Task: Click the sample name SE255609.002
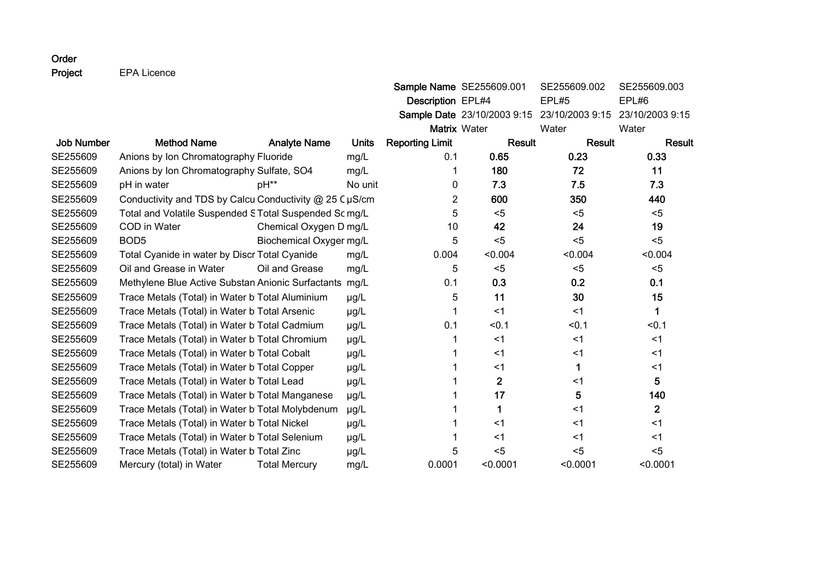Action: [572, 87]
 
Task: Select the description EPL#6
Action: [633, 101]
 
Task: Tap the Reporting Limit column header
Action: [419, 143]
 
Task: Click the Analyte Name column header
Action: [299, 143]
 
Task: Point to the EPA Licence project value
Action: [147, 73]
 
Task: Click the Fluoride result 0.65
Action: [499, 157]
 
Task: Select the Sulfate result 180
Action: [499, 171]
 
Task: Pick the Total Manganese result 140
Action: [657, 395]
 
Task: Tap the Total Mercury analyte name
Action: [287, 465]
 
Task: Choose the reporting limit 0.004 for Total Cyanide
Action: [445, 255]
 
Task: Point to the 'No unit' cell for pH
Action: [362, 185]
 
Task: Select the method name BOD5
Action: [133, 241]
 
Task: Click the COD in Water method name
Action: [150, 227]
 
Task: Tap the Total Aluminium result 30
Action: [578, 297]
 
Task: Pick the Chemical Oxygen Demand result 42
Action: [499, 227]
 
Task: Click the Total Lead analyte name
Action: [280, 381]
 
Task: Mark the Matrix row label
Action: [443, 129]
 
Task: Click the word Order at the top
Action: [64, 59]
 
